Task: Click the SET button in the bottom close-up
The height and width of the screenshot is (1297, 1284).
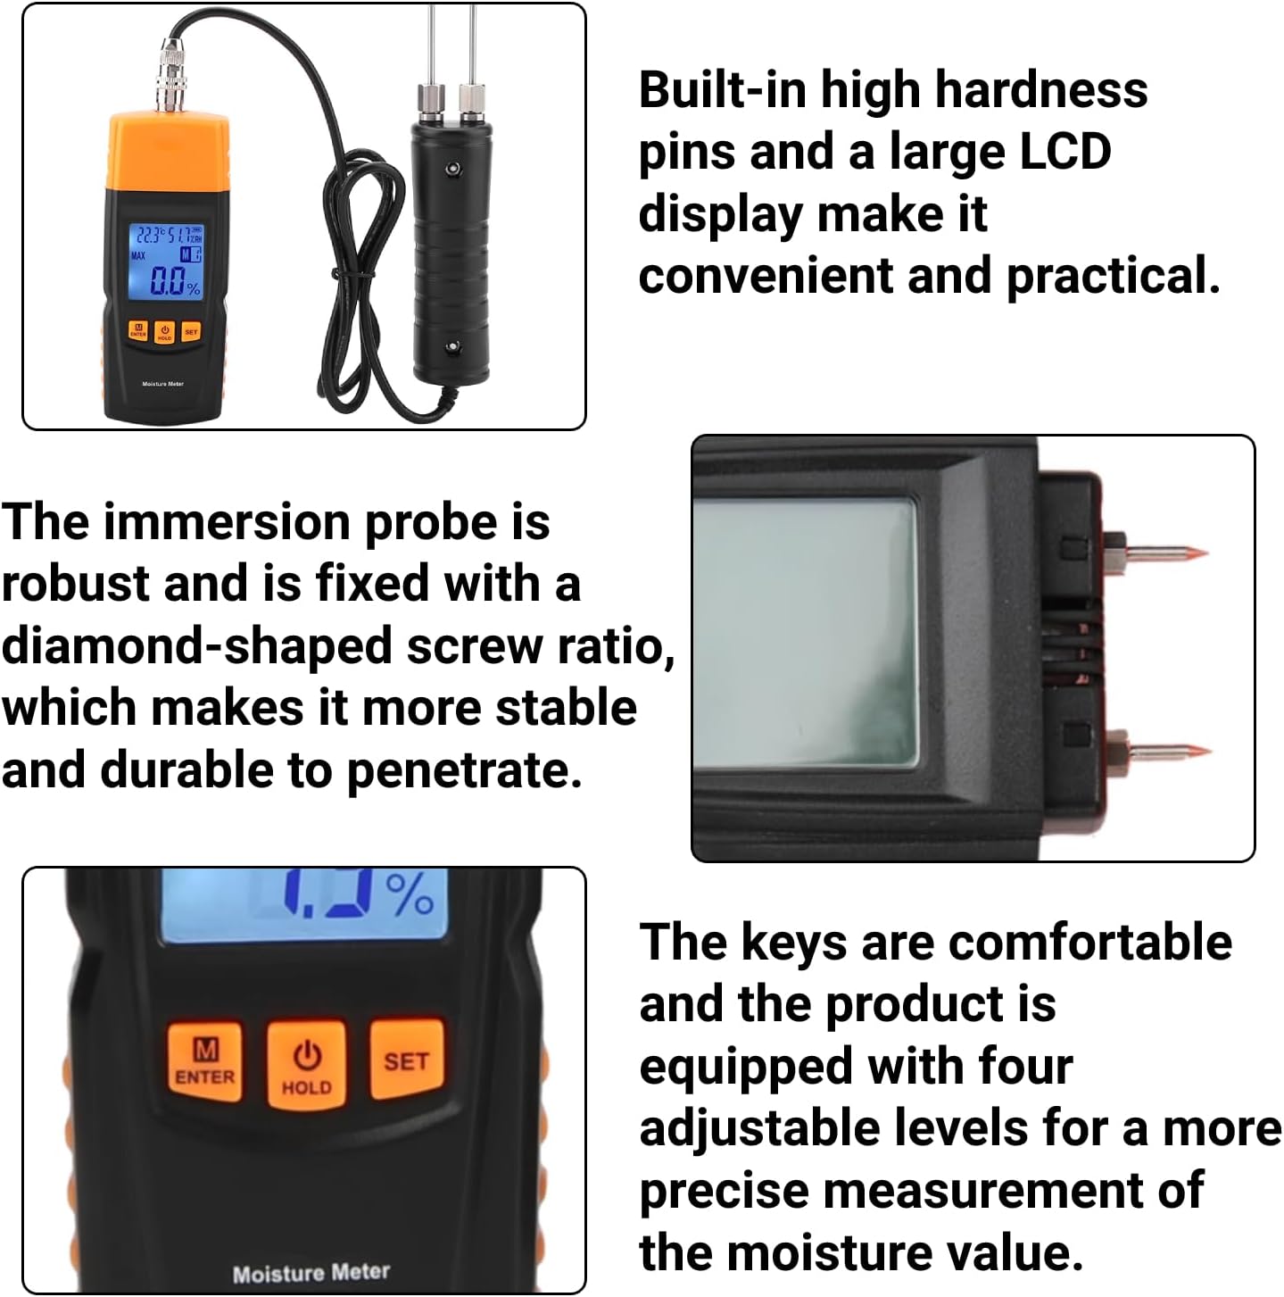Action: pyautogui.click(x=406, y=1060)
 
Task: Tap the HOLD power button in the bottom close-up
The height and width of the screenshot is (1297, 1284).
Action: pyautogui.click(x=306, y=1065)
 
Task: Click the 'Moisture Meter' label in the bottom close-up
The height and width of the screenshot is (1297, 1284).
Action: pyautogui.click(x=311, y=1272)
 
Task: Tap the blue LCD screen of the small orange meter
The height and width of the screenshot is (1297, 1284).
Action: pyautogui.click(x=166, y=260)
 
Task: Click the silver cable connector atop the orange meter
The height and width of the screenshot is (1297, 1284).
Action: pyautogui.click(x=169, y=75)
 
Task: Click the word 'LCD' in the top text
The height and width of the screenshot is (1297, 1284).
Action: pyautogui.click(x=1064, y=152)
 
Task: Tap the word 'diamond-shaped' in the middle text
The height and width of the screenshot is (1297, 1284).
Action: pyautogui.click(x=195, y=645)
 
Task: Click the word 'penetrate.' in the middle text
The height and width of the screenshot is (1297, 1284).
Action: pyautogui.click(x=463, y=770)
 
